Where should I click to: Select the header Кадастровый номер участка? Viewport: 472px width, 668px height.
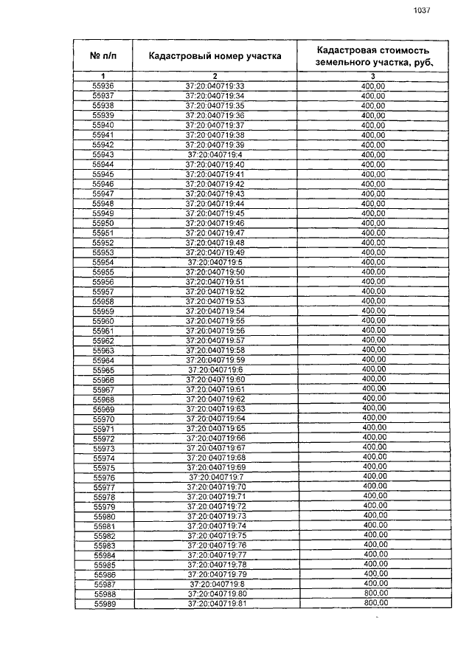click(x=215, y=55)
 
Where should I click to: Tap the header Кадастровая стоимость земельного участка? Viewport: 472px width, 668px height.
click(x=372, y=55)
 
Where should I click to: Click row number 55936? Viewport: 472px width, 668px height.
click(x=103, y=86)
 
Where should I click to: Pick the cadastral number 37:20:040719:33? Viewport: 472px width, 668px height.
click(x=215, y=86)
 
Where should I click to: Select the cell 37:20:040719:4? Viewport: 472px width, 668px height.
click(x=215, y=154)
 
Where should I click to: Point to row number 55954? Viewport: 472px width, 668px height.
click(x=103, y=262)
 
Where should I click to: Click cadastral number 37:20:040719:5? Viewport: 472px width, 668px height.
click(x=215, y=262)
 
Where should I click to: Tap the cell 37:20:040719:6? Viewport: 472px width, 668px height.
click(x=215, y=370)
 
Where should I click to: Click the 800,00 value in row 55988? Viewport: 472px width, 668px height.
click(x=375, y=593)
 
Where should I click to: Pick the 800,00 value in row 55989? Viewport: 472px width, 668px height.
click(x=375, y=604)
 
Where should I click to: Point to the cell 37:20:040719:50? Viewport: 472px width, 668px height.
click(x=215, y=272)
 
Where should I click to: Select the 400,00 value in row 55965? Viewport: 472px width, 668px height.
click(x=374, y=370)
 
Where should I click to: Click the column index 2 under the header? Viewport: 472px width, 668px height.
click(x=215, y=76)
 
